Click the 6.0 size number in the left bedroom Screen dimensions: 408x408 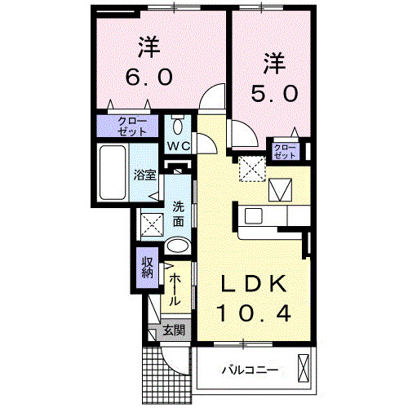click(x=149, y=77)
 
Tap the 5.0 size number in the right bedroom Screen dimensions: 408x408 click(x=273, y=94)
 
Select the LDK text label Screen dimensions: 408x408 click(x=255, y=284)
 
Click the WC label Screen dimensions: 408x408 click(x=179, y=146)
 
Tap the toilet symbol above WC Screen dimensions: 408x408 click(x=179, y=126)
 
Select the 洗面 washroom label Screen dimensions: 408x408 click(x=179, y=214)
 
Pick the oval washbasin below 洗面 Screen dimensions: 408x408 click(x=177, y=246)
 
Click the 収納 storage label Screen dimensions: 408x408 click(x=148, y=268)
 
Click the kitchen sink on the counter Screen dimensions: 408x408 click(x=253, y=217)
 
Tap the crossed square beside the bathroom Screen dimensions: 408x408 click(x=151, y=223)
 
